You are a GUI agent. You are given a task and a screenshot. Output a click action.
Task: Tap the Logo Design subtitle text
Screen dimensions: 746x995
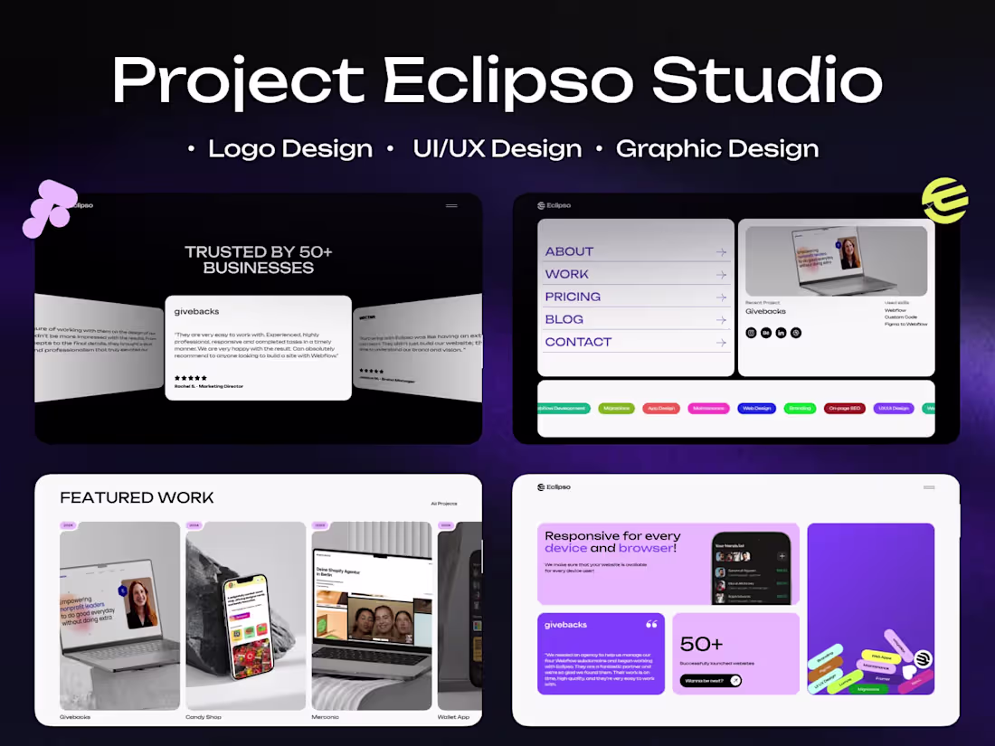pos(289,148)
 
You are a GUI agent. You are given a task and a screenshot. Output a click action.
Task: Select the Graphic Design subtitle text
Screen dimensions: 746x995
pos(716,148)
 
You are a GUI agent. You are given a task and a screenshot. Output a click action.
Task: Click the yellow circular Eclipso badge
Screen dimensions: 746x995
pos(944,200)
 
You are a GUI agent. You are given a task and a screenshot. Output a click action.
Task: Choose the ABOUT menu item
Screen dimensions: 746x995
pos(569,251)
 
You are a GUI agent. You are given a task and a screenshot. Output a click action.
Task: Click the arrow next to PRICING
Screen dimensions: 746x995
pos(721,297)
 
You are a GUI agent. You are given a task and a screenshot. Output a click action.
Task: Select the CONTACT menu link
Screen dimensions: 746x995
pos(578,342)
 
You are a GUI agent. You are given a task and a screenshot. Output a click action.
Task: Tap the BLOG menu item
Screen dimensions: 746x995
pos(564,319)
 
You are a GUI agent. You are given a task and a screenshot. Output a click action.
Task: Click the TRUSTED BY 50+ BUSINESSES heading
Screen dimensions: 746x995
pos(259,260)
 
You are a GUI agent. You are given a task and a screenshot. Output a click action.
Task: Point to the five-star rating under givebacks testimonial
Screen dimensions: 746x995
pos(191,378)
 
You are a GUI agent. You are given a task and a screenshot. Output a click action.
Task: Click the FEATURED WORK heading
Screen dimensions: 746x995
pos(137,497)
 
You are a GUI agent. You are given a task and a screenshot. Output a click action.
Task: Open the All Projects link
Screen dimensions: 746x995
pos(444,504)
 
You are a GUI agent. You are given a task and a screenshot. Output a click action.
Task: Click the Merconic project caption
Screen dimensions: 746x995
pos(326,717)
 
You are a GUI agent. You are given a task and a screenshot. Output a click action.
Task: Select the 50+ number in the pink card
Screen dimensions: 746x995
pos(701,644)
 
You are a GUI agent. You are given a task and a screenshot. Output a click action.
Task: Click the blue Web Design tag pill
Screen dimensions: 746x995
pos(756,409)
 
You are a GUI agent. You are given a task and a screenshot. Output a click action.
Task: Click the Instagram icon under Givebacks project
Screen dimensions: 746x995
pos(751,333)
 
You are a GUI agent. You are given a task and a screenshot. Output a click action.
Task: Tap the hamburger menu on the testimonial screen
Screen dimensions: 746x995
pos(451,206)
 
